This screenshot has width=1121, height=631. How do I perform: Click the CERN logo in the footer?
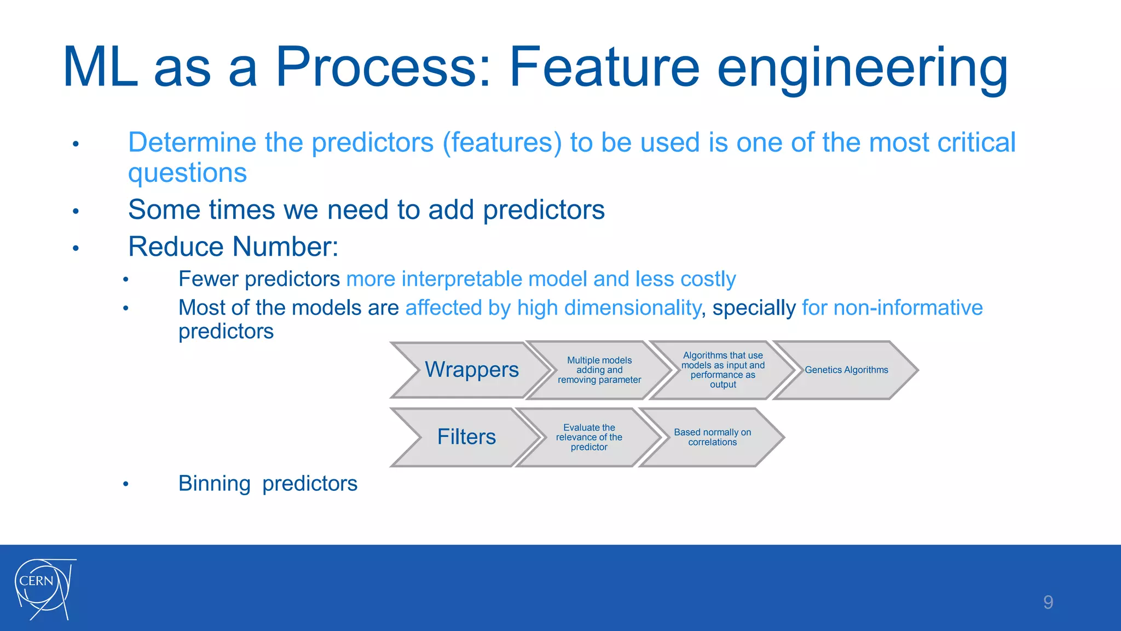(44, 589)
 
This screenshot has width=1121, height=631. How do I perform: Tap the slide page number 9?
(1048, 603)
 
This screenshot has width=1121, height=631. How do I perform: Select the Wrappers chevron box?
(471, 370)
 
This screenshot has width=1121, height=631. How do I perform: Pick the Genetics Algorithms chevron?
(846, 370)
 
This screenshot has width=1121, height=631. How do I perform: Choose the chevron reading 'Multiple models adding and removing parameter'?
(599, 370)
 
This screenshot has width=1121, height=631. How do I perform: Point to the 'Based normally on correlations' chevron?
(712, 437)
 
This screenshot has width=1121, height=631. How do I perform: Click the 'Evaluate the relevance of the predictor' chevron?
(589, 437)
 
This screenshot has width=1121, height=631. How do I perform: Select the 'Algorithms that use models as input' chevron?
(723, 370)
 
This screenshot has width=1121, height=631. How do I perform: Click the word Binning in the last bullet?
(214, 484)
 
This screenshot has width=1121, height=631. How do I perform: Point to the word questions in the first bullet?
(187, 173)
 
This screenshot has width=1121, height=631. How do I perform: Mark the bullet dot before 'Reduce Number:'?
(76, 248)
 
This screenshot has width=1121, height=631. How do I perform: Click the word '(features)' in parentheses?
(502, 143)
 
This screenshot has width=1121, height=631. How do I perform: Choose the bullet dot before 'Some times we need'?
(76, 211)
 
